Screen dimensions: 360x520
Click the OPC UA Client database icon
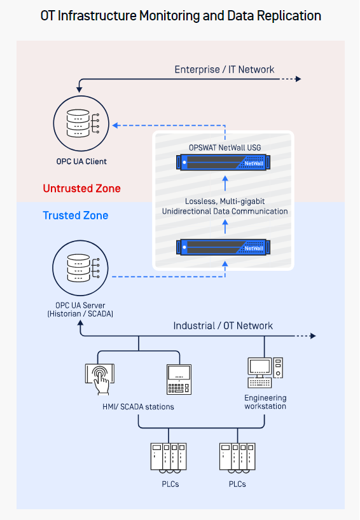[x=81, y=123]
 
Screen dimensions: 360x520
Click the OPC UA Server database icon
[x=80, y=268]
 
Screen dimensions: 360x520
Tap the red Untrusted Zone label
[x=81, y=188]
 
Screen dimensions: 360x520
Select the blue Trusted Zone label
[x=75, y=216]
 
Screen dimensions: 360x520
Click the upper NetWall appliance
[x=223, y=163]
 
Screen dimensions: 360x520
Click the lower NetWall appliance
[x=223, y=247]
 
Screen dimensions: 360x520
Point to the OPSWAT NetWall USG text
[x=225, y=147]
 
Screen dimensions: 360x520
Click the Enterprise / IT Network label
[x=225, y=69]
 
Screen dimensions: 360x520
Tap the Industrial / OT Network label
[x=223, y=325]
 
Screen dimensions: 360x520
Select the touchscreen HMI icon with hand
[x=100, y=379]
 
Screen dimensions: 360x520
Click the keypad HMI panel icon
[x=179, y=380]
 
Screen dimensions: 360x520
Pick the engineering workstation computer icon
[x=265, y=373]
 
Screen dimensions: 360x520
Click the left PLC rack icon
[x=169, y=458]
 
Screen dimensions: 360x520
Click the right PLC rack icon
[x=237, y=458]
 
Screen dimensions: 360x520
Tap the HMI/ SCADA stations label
[x=138, y=407]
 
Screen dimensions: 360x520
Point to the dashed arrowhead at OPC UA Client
[x=115, y=125]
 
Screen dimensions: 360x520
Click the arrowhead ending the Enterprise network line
[x=298, y=79]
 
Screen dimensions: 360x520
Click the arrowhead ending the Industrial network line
[x=313, y=336]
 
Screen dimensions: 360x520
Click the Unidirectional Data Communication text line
[x=225, y=211]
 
